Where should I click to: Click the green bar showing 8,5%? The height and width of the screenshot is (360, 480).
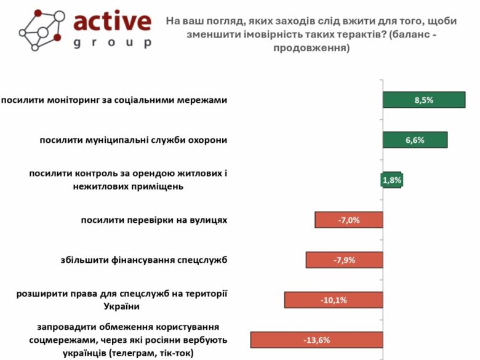(x=423, y=100)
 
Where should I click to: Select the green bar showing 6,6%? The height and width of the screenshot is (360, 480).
(x=415, y=140)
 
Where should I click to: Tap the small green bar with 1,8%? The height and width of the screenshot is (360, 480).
(x=392, y=180)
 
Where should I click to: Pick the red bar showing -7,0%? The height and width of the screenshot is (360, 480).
(x=348, y=220)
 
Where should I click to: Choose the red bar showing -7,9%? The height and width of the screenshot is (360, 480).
(x=344, y=260)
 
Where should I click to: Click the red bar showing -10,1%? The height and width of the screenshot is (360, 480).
(x=334, y=300)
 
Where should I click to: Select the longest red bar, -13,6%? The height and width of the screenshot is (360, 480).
(x=316, y=340)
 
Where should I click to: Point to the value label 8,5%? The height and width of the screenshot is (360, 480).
(x=423, y=100)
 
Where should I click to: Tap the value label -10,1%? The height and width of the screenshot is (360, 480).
(x=334, y=300)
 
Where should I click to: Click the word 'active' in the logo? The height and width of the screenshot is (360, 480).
(x=112, y=22)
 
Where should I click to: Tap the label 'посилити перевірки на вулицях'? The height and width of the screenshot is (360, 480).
(x=154, y=220)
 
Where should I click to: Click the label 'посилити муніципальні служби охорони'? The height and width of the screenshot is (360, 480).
(x=134, y=140)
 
